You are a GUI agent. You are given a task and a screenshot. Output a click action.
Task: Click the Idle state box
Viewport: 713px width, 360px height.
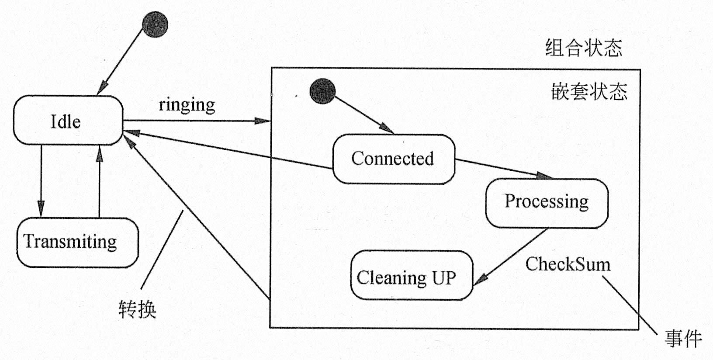[68, 121]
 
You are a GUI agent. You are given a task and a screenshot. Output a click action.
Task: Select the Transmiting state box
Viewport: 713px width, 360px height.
[77, 242]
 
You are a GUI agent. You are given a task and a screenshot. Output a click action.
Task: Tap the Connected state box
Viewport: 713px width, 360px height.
[393, 159]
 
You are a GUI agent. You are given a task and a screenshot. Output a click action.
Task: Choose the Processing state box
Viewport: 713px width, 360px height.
[546, 202]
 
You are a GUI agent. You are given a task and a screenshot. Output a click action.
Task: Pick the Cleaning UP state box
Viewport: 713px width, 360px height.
[411, 276]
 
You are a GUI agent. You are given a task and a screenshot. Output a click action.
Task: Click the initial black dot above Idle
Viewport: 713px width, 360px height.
[155, 25]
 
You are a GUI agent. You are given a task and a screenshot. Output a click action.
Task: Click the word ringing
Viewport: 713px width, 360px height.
[187, 105]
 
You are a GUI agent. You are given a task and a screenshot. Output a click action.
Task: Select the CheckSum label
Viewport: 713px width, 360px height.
[568, 264]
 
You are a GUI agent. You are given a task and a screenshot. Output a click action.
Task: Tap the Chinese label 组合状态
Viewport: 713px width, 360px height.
[583, 48]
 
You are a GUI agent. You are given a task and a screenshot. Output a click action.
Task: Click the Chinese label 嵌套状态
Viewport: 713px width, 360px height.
[589, 92]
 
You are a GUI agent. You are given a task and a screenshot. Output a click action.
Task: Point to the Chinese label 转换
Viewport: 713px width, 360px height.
[137, 309]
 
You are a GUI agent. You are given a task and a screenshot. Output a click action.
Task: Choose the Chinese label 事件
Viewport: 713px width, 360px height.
[683, 339]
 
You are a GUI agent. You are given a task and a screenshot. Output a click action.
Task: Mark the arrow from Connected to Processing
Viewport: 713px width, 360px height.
[502, 168]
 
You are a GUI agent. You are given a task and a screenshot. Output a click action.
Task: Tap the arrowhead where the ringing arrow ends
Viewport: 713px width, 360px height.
[263, 121]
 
